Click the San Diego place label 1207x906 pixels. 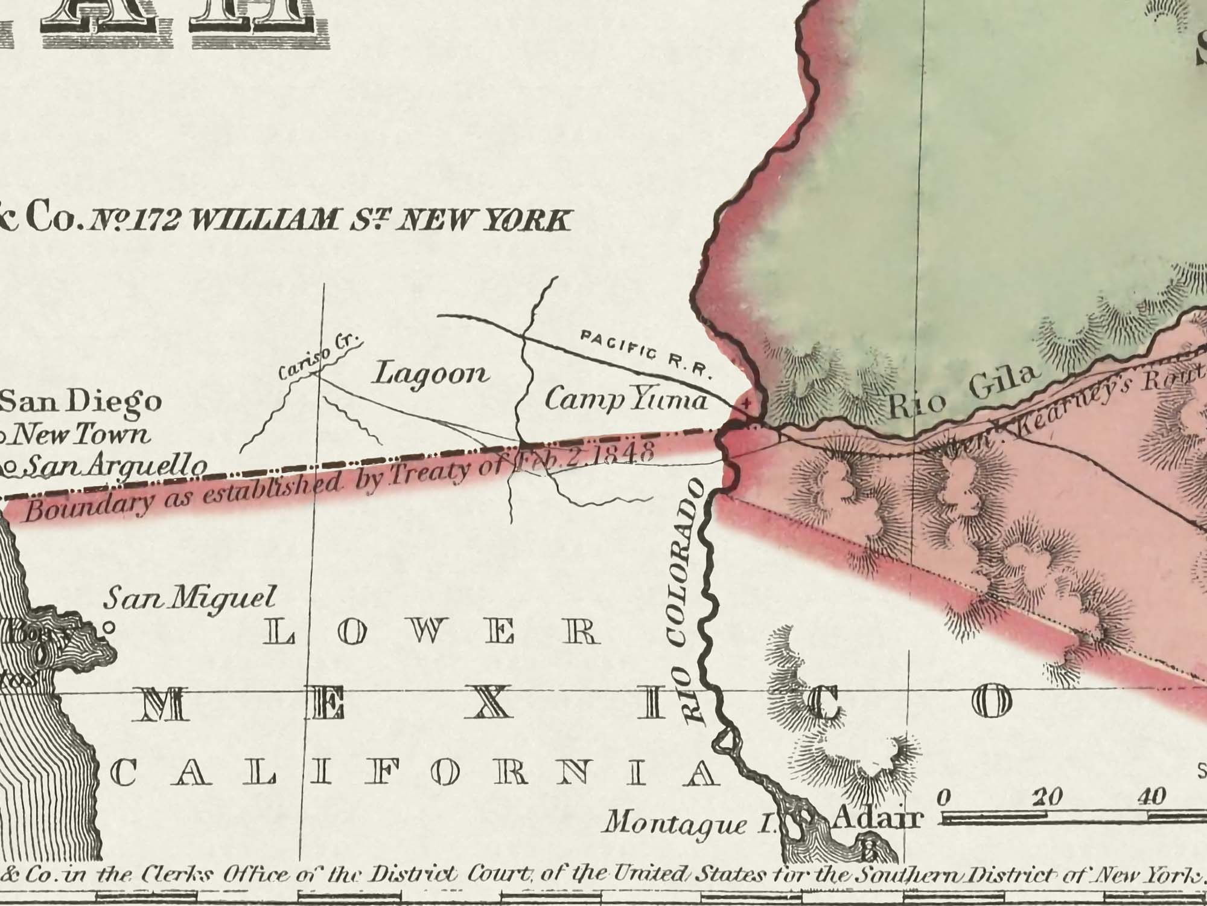[x=81, y=402]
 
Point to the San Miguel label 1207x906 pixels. [x=189, y=598]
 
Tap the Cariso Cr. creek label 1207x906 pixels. [x=318, y=359]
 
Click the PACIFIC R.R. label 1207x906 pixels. [x=646, y=353]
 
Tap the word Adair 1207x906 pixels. [x=878, y=818]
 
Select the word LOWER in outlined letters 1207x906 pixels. [x=432, y=633]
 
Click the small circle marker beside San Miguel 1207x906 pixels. [x=109, y=628]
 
